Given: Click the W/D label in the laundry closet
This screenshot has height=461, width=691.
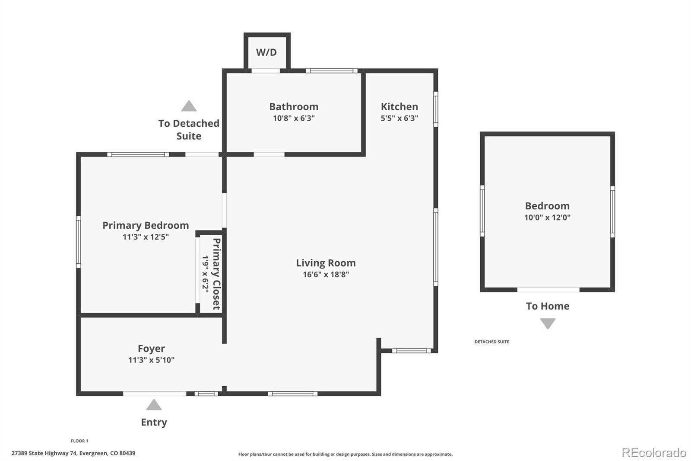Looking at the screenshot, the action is pyautogui.click(x=266, y=52).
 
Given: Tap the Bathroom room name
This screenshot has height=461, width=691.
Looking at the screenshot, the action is pyautogui.click(x=294, y=106).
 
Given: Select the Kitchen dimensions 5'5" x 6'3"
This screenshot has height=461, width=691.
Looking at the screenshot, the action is pyautogui.click(x=399, y=118).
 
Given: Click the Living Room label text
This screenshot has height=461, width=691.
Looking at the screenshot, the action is pyautogui.click(x=326, y=263).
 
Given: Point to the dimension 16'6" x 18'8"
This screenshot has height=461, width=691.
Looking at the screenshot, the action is pyautogui.click(x=326, y=274).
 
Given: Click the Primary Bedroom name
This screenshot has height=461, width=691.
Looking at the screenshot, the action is pyautogui.click(x=146, y=226).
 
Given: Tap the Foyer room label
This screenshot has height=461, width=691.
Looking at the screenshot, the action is pyautogui.click(x=151, y=349).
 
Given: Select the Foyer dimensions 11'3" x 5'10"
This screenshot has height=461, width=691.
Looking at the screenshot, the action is pyautogui.click(x=151, y=360).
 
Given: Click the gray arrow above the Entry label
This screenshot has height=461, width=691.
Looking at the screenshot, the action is pyautogui.click(x=154, y=405).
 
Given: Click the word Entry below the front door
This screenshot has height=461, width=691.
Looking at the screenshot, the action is pyautogui.click(x=154, y=423).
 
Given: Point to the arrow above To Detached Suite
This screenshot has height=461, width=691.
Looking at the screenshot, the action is pyautogui.click(x=189, y=106).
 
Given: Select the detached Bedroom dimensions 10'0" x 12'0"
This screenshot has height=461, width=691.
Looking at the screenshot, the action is pyautogui.click(x=547, y=218).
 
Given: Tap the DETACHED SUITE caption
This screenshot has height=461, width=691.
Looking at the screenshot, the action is pyautogui.click(x=492, y=342).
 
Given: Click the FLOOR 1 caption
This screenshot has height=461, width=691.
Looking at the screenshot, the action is pyautogui.click(x=79, y=441).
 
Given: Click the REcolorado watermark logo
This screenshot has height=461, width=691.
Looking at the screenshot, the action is pyautogui.click(x=654, y=453).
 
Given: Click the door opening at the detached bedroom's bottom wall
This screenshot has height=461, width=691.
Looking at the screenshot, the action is pyautogui.click(x=548, y=290).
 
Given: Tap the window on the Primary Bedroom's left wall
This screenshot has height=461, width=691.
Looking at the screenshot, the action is pyautogui.click(x=79, y=242).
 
